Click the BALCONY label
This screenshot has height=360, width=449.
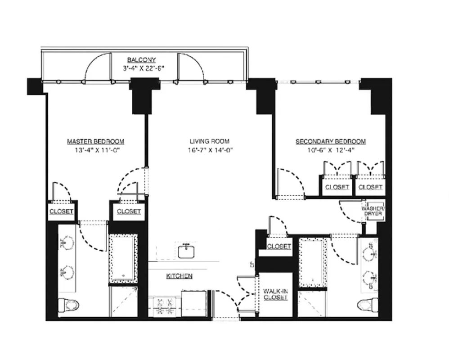(x=141, y=60)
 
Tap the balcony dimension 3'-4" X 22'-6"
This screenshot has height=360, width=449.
(x=143, y=68)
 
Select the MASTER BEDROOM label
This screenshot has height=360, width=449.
(x=95, y=141)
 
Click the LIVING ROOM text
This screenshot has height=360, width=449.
(x=210, y=141)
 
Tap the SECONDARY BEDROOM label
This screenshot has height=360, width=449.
(x=330, y=141)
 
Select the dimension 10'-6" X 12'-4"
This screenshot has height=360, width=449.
(x=331, y=150)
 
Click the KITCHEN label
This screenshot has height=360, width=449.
(x=180, y=275)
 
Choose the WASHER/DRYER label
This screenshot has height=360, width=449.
(x=373, y=211)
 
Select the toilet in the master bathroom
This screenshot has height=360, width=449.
(x=70, y=306)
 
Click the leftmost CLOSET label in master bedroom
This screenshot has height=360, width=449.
(x=61, y=211)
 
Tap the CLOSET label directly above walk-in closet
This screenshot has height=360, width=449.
(x=278, y=247)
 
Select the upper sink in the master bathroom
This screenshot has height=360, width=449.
(x=67, y=243)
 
